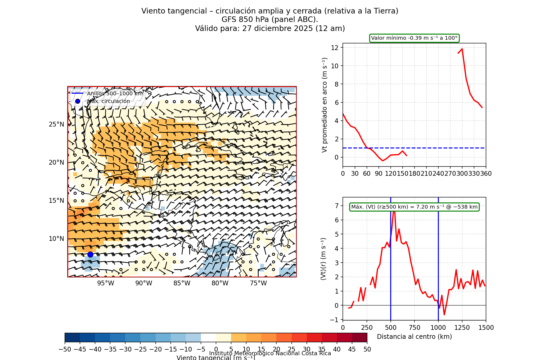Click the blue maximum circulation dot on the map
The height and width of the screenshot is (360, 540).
point(90,254)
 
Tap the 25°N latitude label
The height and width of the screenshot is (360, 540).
point(56,124)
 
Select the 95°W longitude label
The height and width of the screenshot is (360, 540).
point(106,283)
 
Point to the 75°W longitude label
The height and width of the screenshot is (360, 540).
point(258,283)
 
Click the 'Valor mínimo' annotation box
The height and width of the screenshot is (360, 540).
point(414,38)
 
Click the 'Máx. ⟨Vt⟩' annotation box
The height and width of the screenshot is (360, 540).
point(414,207)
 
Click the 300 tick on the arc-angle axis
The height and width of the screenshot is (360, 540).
point(462,174)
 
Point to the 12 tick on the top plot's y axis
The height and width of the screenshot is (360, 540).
point(335,48)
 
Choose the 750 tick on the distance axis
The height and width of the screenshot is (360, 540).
point(415,328)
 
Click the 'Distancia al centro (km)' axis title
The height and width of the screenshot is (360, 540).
point(414,337)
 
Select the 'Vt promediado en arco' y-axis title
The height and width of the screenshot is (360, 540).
point(325,105)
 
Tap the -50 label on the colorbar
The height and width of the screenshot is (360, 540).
point(65,349)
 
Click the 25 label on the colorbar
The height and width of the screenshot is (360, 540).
point(291,349)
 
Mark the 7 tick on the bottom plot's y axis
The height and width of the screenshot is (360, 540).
point(336,206)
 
